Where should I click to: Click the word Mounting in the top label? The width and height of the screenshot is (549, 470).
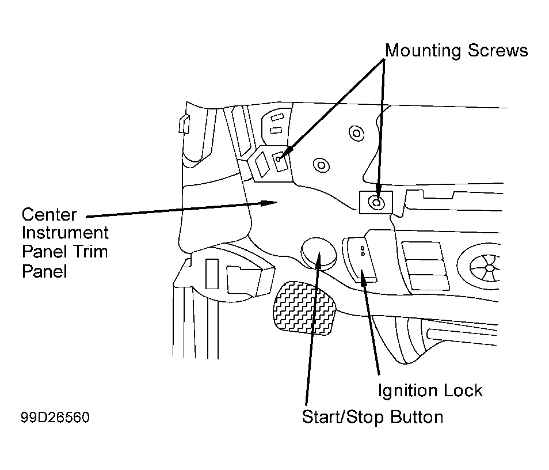pos(424,51)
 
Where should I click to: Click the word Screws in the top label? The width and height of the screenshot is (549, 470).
pos(498,50)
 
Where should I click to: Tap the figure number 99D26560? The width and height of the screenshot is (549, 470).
pos(55,417)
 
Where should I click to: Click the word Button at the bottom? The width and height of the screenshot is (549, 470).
pos(416,417)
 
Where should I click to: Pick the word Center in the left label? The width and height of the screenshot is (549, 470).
pos(49,214)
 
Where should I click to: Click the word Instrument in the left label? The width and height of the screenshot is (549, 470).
pos(65,233)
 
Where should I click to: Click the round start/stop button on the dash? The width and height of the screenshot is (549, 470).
pos(318,253)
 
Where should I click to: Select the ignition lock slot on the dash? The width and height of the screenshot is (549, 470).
pos(360,259)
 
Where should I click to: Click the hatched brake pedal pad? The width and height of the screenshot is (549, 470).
pos(303,308)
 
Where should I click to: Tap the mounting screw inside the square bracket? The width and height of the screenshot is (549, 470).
pos(376,202)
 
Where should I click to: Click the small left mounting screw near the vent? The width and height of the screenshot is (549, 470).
pos(279,160)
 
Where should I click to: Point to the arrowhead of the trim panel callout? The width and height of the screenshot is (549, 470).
pos(269,203)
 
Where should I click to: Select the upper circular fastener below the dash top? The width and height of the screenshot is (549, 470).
pos(356,133)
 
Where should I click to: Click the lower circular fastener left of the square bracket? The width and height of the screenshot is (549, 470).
pos(321,164)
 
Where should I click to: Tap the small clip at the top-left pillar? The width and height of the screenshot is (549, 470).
pos(184,124)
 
